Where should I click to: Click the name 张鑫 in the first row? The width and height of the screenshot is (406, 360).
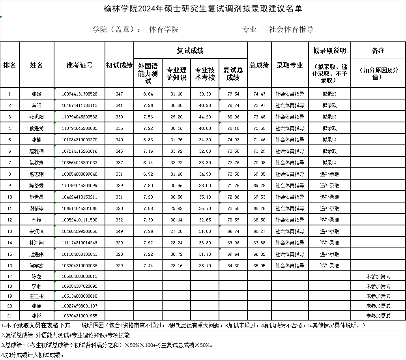(36, 94)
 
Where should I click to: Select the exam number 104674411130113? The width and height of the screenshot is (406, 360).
(79, 105)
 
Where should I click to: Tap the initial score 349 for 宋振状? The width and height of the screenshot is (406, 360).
(120, 231)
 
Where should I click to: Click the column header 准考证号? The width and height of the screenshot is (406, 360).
(79, 65)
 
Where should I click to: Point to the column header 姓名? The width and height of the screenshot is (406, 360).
(36, 65)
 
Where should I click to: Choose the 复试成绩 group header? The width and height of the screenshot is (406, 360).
(190, 51)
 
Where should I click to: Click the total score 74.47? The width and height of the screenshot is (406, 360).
(259, 94)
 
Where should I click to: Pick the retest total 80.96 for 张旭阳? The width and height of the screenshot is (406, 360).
(233, 117)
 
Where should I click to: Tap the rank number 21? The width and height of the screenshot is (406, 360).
(10, 315)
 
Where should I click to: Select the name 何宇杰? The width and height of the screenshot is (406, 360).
(36, 266)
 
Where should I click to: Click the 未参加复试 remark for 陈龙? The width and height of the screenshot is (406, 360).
(378, 276)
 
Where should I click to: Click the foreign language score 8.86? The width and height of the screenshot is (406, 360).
(148, 140)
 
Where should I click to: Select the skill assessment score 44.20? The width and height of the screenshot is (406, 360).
(205, 117)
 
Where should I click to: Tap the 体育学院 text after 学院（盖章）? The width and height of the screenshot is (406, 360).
(162, 30)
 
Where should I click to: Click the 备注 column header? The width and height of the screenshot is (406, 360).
(378, 51)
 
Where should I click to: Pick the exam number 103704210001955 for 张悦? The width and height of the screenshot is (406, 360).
(79, 315)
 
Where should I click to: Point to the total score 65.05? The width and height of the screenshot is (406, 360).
(259, 266)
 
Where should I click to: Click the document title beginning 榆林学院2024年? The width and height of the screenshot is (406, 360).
(203, 8)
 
